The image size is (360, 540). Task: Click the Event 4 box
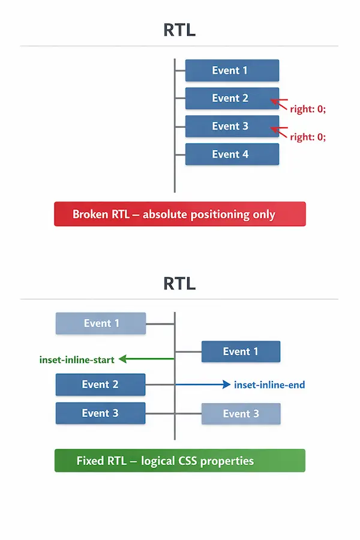tap(232, 154)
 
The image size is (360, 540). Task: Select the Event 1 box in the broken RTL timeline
tap(232, 70)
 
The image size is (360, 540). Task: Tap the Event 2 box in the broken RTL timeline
tap(232, 98)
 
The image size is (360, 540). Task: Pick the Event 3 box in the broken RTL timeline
tap(232, 126)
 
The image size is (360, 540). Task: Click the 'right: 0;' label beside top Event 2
tap(308, 109)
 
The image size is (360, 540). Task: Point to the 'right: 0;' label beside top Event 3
tap(308, 137)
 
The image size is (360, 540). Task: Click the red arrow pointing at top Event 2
tap(278, 103)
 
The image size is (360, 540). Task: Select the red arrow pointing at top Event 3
tap(278, 131)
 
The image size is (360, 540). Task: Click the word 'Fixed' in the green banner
tap(90, 461)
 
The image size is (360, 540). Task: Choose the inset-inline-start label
tap(77, 360)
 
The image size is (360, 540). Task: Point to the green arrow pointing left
tap(146, 359)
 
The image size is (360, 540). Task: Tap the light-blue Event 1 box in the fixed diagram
tap(101, 323)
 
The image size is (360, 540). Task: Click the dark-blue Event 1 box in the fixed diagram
tap(241, 352)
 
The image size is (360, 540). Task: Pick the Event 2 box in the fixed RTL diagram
tap(100, 385)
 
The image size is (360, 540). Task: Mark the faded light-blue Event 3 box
tap(241, 413)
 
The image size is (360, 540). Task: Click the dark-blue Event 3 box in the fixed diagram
tap(100, 413)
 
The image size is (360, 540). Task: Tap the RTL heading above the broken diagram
tap(179, 29)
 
